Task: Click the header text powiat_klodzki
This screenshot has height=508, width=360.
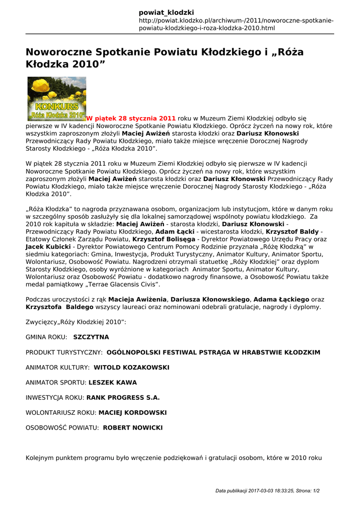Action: click(x=166, y=12)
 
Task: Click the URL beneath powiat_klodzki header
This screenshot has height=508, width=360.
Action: click(x=236, y=24)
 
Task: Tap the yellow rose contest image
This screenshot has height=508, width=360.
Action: click(x=56, y=98)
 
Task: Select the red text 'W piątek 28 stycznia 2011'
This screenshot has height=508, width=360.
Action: click(x=131, y=118)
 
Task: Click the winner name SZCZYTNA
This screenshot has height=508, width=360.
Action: click(x=91, y=337)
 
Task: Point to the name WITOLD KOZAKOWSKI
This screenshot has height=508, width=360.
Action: click(x=132, y=367)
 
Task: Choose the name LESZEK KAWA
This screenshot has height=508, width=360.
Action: click(x=113, y=382)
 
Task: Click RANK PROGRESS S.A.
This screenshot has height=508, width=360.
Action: click(x=123, y=397)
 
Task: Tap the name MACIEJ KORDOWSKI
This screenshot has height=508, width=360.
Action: click(x=133, y=412)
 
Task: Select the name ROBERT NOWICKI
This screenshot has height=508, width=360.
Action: click(x=133, y=428)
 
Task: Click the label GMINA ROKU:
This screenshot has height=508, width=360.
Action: click(x=46, y=337)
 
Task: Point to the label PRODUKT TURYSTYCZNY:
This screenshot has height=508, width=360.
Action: click(x=64, y=352)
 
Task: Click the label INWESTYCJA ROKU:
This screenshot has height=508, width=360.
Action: click(x=55, y=397)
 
